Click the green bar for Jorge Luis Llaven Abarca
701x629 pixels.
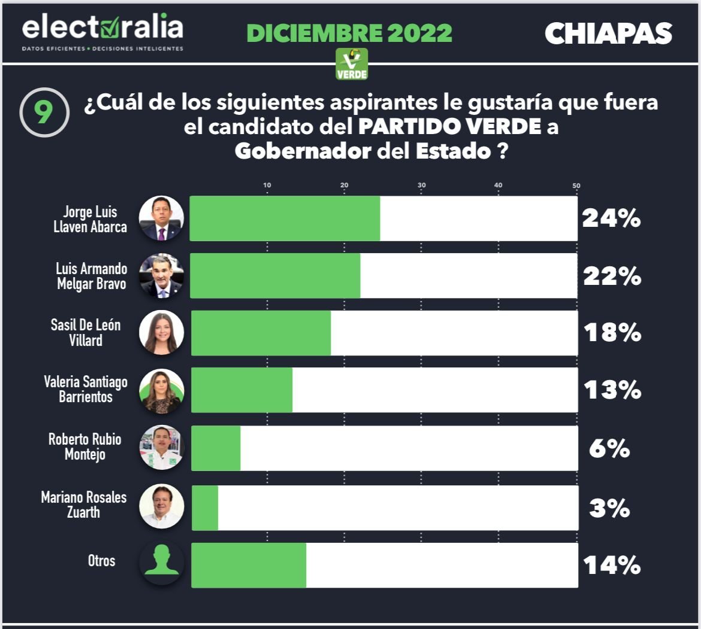(x=285, y=218)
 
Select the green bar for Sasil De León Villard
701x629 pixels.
(x=261, y=333)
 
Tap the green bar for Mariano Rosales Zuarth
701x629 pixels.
(x=205, y=508)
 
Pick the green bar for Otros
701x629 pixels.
(x=249, y=565)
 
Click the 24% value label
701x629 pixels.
(x=611, y=220)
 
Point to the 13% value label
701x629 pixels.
(x=612, y=391)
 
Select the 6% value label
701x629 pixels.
(x=609, y=448)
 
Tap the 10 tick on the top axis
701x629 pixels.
(x=267, y=186)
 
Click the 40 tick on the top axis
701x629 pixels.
(x=498, y=186)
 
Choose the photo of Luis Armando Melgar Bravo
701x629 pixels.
(x=161, y=276)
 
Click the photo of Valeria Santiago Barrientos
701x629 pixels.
(x=161, y=391)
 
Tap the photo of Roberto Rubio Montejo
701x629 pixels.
(x=161, y=448)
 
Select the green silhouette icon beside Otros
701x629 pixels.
(x=161, y=563)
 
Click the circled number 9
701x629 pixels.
(x=43, y=113)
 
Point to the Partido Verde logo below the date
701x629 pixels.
(x=352, y=64)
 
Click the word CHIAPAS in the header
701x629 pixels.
(x=608, y=34)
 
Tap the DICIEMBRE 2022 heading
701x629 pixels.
(x=349, y=33)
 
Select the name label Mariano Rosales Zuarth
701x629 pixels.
(x=84, y=505)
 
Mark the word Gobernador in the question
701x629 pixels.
(x=303, y=151)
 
